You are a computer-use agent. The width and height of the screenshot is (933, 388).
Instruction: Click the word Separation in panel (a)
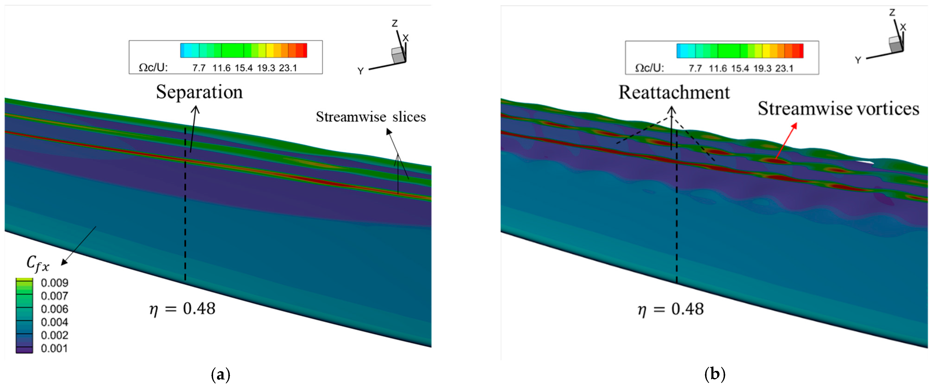(199, 92)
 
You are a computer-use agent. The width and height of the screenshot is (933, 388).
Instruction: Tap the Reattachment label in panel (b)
(674, 93)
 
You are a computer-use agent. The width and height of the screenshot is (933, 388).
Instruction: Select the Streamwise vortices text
(838, 109)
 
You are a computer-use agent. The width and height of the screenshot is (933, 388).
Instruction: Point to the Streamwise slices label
(371, 117)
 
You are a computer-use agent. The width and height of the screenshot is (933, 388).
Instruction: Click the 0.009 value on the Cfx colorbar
(54, 283)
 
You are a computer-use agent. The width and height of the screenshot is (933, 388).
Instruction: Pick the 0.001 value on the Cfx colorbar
(54, 348)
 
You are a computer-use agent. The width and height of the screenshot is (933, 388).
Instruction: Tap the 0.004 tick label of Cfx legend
(54, 322)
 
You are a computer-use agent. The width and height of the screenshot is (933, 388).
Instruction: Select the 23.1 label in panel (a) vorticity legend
(288, 68)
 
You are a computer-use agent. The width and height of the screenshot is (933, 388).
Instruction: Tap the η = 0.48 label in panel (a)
(182, 309)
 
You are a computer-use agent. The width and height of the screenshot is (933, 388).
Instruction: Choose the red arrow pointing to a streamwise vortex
(786, 141)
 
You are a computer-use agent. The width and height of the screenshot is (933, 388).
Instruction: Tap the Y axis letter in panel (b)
(858, 60)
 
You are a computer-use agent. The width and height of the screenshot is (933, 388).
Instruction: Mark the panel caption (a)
(220, 374)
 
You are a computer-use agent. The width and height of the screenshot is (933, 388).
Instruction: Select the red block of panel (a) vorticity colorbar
(301, 50)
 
